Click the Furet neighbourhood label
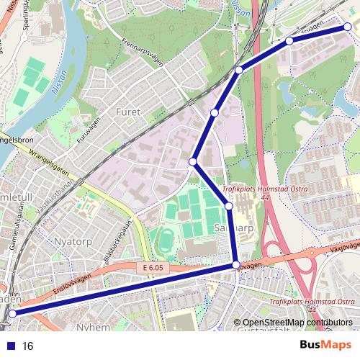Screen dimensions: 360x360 [128, 112]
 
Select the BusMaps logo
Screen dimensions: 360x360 [325, 345]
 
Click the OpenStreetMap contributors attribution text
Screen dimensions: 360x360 [292, 323]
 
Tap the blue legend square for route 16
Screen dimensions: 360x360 [11, 346]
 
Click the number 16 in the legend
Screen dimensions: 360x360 [28, 346]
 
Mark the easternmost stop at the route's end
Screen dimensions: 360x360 [347, 27]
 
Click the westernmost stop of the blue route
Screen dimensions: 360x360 [12, 313]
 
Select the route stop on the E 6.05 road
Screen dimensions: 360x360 [235, 266]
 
